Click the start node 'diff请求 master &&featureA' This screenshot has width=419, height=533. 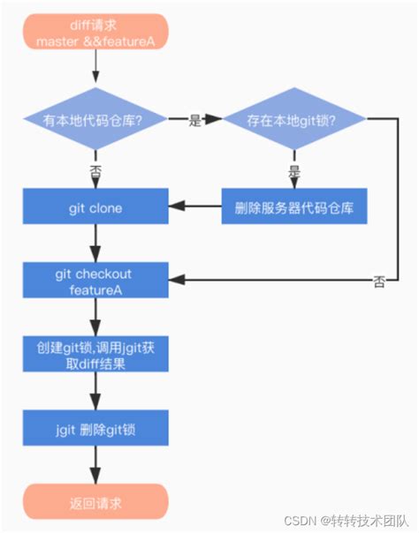tap(95, 33)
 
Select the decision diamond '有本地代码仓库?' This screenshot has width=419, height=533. tap(95, 122)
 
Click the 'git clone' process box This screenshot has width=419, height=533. tap(95, 208)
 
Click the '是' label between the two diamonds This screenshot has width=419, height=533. tap(195, 122)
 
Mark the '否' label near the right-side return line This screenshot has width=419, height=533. tap(378, 282)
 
